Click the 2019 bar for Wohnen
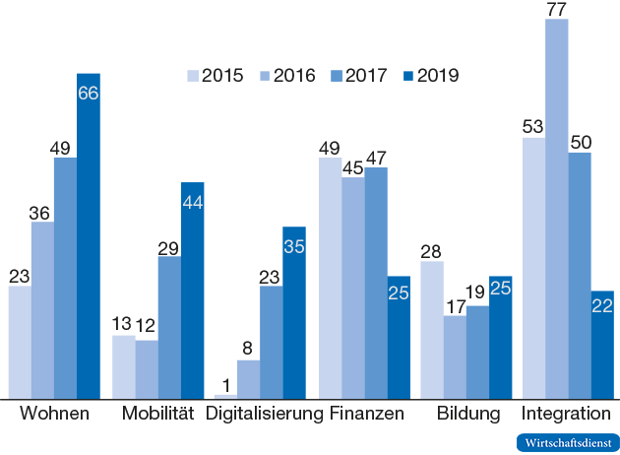tap(89, 236)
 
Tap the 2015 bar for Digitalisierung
tap(225, 396)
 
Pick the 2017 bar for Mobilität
tap(169, 327)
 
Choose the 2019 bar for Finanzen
tap(399, 337)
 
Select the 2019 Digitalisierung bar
tap(294, 312)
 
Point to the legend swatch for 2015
tap(192, 76)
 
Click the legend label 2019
tap(438, 76)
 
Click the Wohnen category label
tap(54, 414)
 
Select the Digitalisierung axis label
tap(264, 414)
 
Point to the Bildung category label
tap(467, 414)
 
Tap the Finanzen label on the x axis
tap(366, 414)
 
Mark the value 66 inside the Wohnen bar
tap(89, 93)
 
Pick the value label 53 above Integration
tap(534, 126)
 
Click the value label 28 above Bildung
tap(432, 250)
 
